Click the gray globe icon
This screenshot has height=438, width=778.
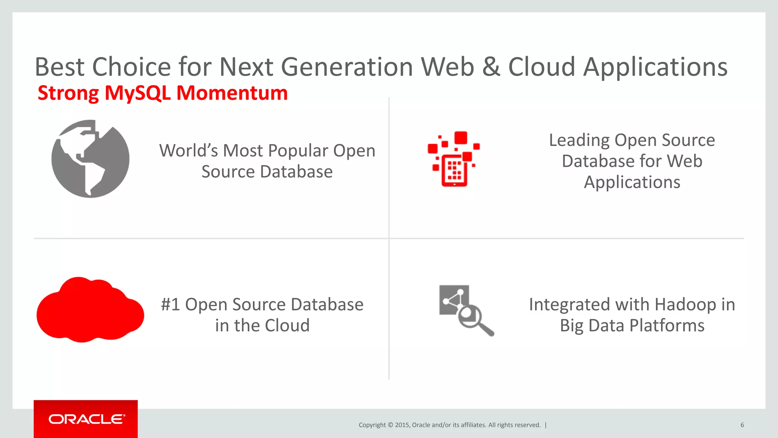pos(90,159)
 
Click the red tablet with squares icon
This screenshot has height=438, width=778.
pos(454,160)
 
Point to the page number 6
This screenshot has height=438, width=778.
pos(742,425)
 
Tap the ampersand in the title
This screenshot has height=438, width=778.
pos(491,67)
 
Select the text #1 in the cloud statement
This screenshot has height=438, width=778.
pos(170,305)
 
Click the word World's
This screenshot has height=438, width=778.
pos(188,151)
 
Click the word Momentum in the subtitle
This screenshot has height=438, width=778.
pos(232,93)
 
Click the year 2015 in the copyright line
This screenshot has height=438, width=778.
pos(402,425)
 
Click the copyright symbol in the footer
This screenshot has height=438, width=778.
pos(390,425)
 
